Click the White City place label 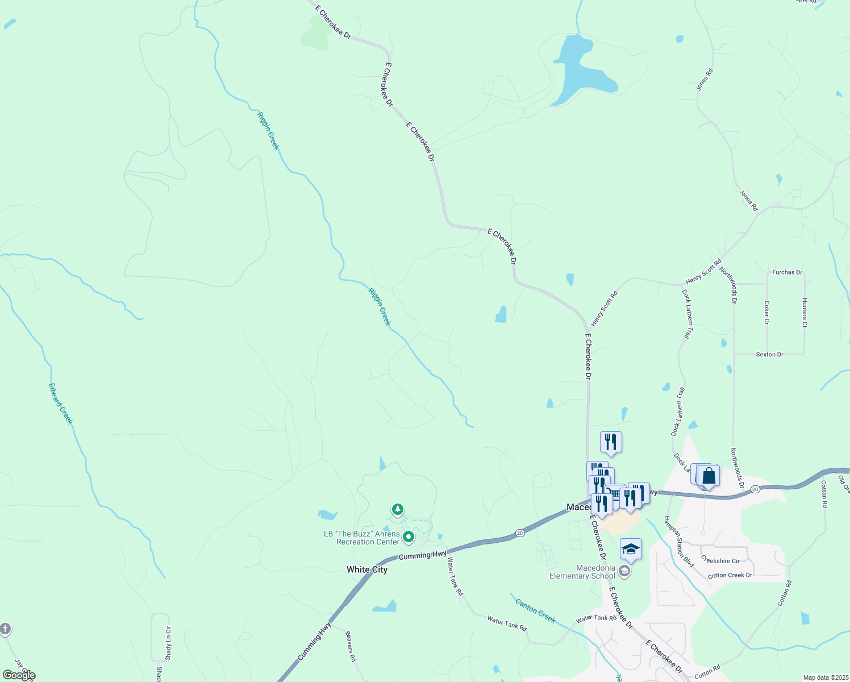pos(367,569)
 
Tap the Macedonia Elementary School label pos(582,572)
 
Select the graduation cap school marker pos(631,550)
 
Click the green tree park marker pos(398,509)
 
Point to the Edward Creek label pos(61,404)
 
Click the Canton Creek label pos(535,610)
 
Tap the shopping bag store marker pos(709,476)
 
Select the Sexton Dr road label pos(769,355)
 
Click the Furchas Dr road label pos(787,272)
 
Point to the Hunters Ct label pos(805,313)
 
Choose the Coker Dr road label pos(766,313)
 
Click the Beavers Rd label pos(351,646)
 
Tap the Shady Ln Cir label pos(168,643)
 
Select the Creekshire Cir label pos(720,560)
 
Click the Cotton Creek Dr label pos(730,576)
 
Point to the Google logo pos(19,675)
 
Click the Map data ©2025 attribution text pos(825,677)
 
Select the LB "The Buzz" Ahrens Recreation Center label pos(362,538)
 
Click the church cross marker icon pos(5,629)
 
